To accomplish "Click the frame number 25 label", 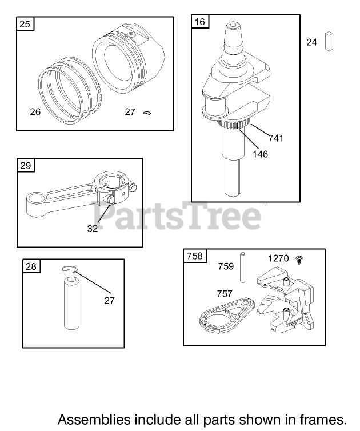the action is (25, 24).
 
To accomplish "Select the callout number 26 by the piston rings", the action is (35, 112).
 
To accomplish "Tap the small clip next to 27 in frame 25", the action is (147, 113).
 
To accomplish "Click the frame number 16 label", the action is (200, 22).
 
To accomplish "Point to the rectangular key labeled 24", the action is (329, 42).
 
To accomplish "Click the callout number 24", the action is (311, 42).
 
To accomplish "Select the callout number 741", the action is (276, 138).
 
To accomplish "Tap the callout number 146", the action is (260, 154).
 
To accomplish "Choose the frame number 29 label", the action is (26, 165).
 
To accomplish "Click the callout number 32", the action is (93, 229).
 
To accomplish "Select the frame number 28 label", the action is (31, 266).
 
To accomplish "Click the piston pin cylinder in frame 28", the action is (71, 303).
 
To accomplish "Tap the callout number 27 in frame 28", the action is (109, 301).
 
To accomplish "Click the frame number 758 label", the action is (194, 256).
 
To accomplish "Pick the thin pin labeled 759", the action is (243, 268).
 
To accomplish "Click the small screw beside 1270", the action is (299, 260).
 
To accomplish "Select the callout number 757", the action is (225, 294).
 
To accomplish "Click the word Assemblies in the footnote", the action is (94, 420).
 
